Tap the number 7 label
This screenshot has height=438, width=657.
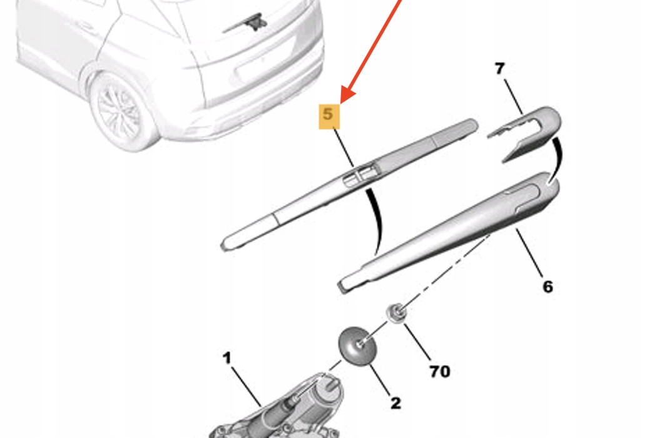pyautogui.click(x=499, y=69)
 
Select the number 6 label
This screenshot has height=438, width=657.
pyautogui.click(x=547, y=287)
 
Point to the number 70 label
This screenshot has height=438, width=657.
pyautogui.click(x=439, y=371)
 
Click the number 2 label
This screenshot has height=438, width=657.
pyautogui.click(x=395, y=404)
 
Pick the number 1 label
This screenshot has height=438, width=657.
pyautogui.click(x=227, y=359)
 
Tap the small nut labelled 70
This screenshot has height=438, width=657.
pyautogui.click(x=395, y=310)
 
